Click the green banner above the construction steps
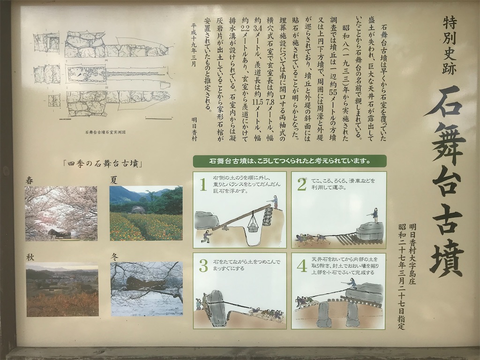tap(290, 161)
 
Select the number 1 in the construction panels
tap(202, 186)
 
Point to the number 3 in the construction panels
tap(203, 266)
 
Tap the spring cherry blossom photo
tap(61, 213)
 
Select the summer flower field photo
tap(146, 213)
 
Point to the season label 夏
tap(113, 180)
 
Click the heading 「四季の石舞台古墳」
tap(103, 164)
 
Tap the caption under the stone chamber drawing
tap(105, 132)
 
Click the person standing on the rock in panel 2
tap(375, 216)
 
